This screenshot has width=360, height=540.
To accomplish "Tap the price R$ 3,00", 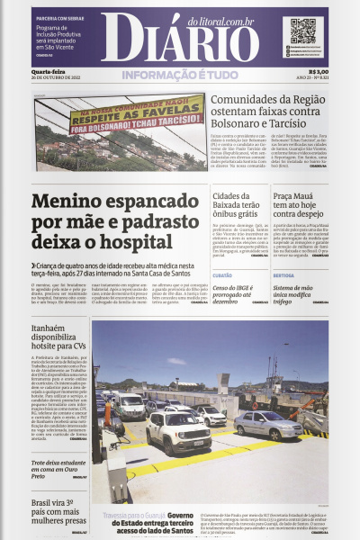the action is click(x=318, y=73).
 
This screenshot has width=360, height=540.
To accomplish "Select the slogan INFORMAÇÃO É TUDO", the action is click(x=180, y=76).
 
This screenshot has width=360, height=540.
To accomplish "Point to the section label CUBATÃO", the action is click(x=222, y=275).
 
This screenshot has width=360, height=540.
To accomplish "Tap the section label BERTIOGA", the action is click(x=283, y=275).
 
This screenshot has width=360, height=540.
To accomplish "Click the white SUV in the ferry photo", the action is click(x=178, y=433).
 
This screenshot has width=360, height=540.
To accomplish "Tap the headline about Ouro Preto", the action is click(x=59, y=467).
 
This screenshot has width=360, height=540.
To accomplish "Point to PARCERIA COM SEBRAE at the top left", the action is click(x=60, y=17).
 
